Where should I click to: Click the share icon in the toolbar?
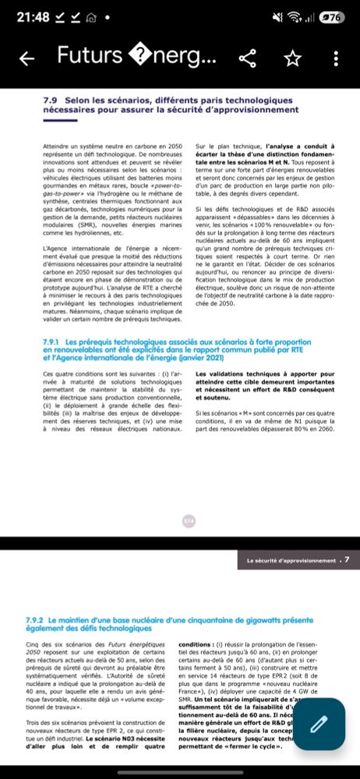(x=249, y=57)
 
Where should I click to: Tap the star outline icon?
(x=292, y=57)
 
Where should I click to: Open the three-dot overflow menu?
(x=336, y=57)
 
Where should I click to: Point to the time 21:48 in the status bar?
(x=32, y=16)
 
